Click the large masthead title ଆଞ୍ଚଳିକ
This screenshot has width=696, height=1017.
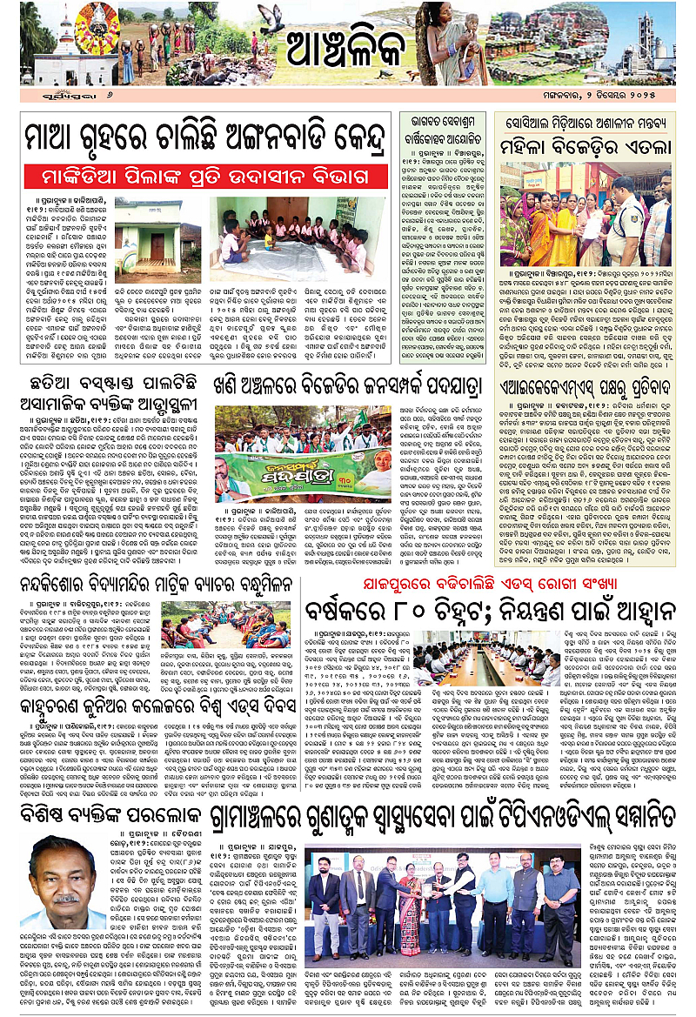coord(347,50)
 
